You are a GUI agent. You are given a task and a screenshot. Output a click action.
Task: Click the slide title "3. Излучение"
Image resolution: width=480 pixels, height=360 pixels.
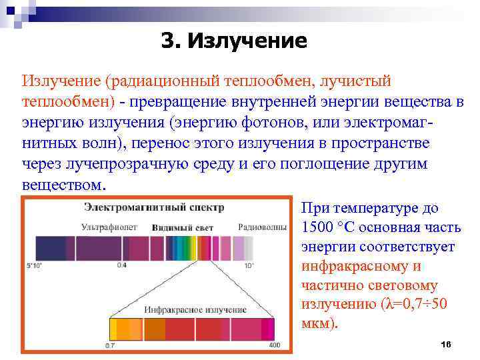coord(234,41)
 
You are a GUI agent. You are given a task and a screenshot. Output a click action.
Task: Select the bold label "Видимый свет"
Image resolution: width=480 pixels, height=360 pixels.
coord(182,227)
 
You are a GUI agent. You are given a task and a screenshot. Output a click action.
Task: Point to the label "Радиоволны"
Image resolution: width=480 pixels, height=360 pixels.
coord(261,227)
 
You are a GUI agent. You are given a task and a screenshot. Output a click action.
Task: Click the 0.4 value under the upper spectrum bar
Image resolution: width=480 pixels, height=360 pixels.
coord(121,265)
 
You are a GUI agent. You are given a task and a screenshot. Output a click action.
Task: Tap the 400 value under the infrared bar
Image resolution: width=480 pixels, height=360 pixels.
coord(275,345)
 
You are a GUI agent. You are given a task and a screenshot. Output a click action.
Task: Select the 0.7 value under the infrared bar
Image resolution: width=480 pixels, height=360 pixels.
coord(110,345)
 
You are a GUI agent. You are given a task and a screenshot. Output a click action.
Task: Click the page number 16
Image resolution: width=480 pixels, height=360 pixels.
coord(446,343)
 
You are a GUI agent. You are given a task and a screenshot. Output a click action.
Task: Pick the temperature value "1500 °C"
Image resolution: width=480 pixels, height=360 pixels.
coord(331,227)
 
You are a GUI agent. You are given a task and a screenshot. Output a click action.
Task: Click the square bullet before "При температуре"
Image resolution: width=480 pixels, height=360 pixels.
coord(294,209)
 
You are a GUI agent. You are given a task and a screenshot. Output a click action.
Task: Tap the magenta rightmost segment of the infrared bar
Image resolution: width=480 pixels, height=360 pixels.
coord(268,329)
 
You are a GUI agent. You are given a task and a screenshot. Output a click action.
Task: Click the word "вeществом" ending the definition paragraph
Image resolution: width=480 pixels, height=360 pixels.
coord(63,185)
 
